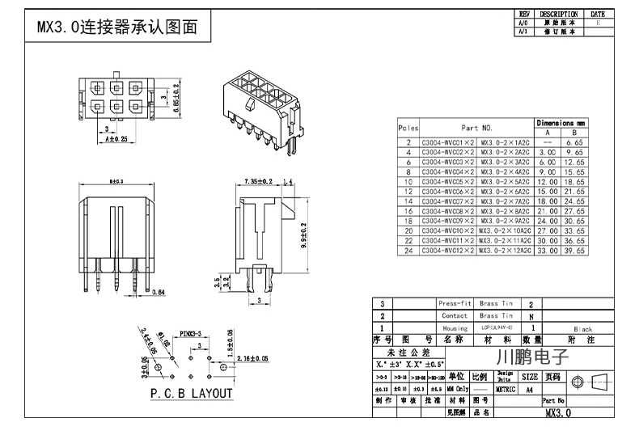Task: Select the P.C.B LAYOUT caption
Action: [192, 394]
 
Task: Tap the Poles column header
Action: [408, 128]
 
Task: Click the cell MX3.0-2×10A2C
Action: [505, 230]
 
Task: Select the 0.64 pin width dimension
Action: [159, 292]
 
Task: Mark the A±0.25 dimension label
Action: [116, 140]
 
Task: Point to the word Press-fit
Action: [454, 303]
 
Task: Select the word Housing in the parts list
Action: [454, 328]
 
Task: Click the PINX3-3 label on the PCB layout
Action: [191, 332]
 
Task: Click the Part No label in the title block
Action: [553, 400]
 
